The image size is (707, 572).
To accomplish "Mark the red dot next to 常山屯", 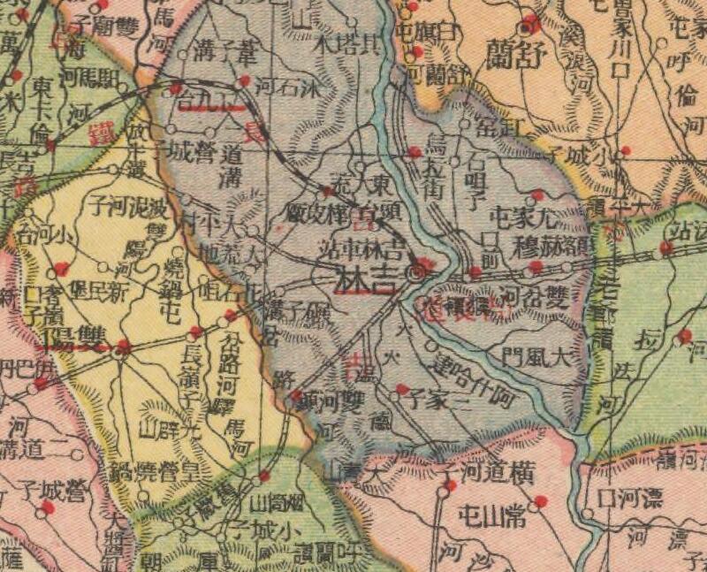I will [x=541, y=501].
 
